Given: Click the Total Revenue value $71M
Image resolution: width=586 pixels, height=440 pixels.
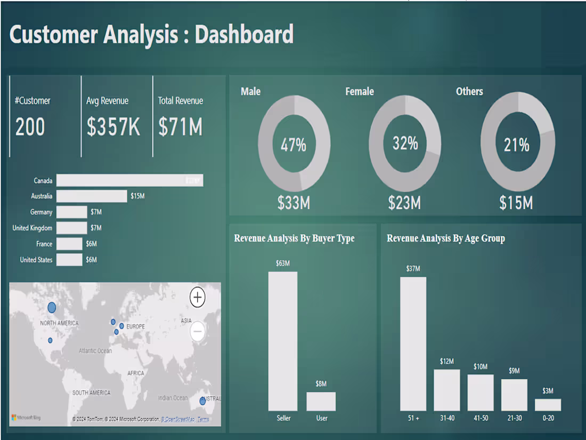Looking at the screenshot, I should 180,127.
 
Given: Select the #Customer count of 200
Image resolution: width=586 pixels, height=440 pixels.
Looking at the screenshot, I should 30,127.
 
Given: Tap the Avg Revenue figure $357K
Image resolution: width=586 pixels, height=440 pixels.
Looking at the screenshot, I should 113,127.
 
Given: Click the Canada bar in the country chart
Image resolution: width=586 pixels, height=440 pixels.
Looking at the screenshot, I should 129,181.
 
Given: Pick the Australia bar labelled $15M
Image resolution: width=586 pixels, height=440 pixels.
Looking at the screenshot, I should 92,196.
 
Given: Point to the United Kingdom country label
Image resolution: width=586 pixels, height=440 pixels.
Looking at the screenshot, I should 32,228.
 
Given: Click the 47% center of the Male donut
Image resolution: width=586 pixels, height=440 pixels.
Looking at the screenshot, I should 294,145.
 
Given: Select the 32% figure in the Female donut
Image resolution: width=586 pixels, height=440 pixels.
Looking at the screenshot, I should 405,143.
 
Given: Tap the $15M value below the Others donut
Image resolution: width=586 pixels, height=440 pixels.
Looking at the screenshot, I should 516,203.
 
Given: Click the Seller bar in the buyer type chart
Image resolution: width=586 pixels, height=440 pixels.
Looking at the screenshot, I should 283,341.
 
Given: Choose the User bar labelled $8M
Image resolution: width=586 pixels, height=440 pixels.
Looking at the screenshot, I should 321,401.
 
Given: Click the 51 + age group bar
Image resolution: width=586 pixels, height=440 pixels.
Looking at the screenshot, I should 413,344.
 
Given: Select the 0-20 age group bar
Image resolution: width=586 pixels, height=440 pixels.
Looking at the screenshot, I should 548,405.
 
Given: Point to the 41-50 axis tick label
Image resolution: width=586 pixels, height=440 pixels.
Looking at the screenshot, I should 481,418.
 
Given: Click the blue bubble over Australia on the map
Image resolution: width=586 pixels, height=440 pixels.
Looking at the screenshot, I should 202,401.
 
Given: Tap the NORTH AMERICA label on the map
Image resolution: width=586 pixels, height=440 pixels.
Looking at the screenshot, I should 59,323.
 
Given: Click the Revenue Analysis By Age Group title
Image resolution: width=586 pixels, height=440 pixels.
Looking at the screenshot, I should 445,238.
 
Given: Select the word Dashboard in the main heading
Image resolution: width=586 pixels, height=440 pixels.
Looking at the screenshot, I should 244,34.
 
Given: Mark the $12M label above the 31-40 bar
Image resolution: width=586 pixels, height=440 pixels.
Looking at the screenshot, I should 446,362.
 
